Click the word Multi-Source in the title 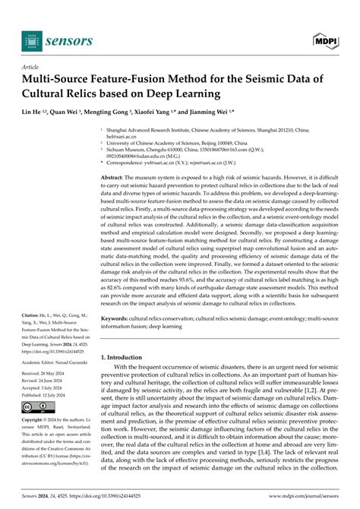(x=60, y=80)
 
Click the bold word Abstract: (x=116, y=176)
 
